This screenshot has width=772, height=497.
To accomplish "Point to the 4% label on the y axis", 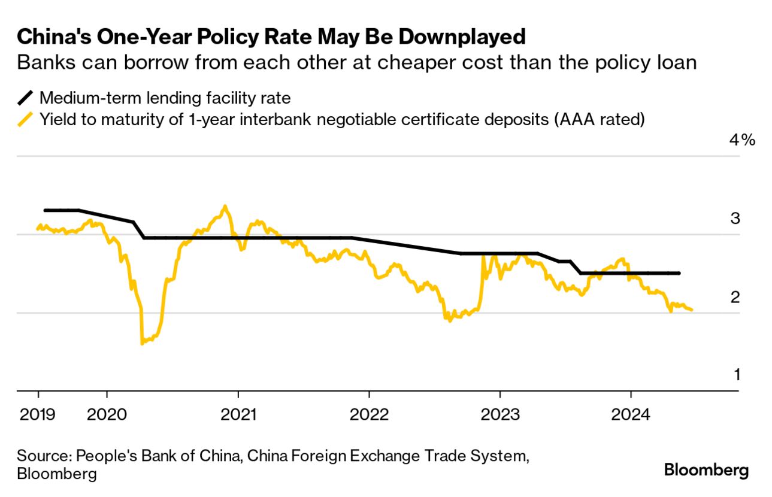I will (742, 140).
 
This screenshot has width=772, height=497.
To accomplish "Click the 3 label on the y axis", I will (735, 219).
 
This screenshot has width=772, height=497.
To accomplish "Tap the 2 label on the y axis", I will (735, 297).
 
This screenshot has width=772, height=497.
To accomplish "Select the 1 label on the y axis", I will (737, 375).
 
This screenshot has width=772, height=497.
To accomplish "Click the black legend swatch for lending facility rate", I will (26, 98).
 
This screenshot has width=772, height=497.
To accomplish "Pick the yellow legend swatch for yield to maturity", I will (26, 120).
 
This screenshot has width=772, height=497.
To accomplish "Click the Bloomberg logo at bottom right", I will (706, 471).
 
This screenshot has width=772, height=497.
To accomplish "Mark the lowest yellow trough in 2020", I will (142, 343).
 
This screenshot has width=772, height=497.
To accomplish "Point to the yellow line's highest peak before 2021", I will (225, 206).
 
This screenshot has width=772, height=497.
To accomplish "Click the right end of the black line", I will (679, 273).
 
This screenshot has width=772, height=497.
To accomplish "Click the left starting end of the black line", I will (45, 210).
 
